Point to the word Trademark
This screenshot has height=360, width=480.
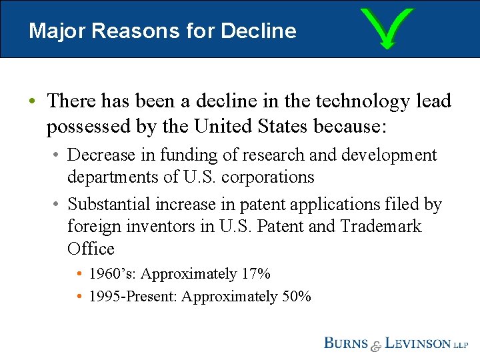click(x=381, y=227)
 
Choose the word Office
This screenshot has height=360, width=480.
click(x=91, y=249)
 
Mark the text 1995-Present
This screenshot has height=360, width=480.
click(x=132, y=297)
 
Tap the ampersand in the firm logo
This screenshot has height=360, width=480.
click(x=377, y=345)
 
